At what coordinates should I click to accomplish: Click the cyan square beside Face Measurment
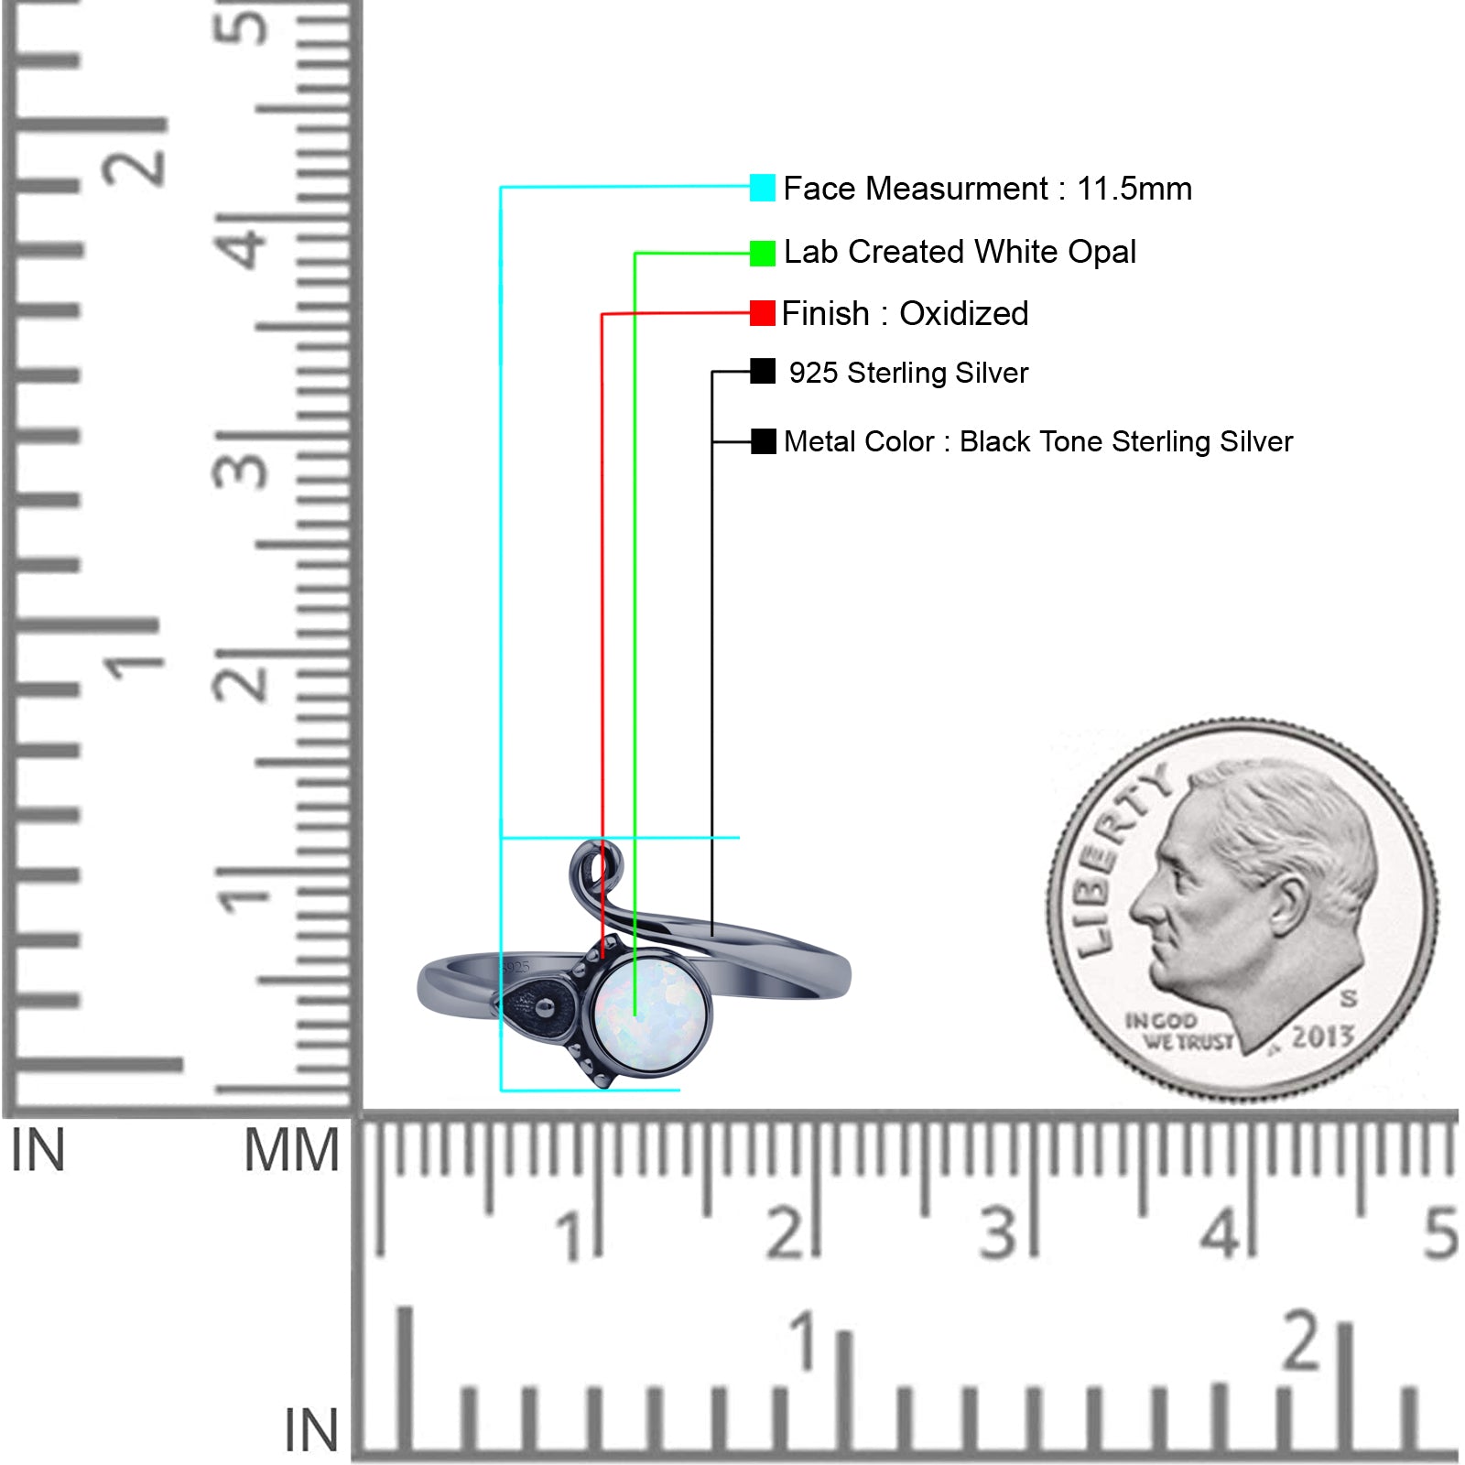click(x=762, y=188)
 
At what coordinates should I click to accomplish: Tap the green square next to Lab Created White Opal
click(x=762, y=254)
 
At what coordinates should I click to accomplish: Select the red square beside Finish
click(x=762, y=313)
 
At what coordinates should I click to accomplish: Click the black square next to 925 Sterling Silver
click(x=762, y=371)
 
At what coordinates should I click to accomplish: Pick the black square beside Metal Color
click(x=763, y=441)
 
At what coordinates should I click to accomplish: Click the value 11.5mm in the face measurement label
click(x=1134, y=189)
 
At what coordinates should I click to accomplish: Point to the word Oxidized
click(x=963, y=313)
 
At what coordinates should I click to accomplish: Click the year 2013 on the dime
click(x=1322, y=1036)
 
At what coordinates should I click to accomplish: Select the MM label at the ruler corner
click(x=292, y=1150)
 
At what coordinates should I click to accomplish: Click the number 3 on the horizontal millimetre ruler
click(x=998, y=1232)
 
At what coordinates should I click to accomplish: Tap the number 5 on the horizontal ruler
click(x=1440, y=1232)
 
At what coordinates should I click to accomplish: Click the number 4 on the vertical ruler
click(x=242, y=247)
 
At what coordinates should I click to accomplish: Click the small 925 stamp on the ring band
click(x=516, y=967)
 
